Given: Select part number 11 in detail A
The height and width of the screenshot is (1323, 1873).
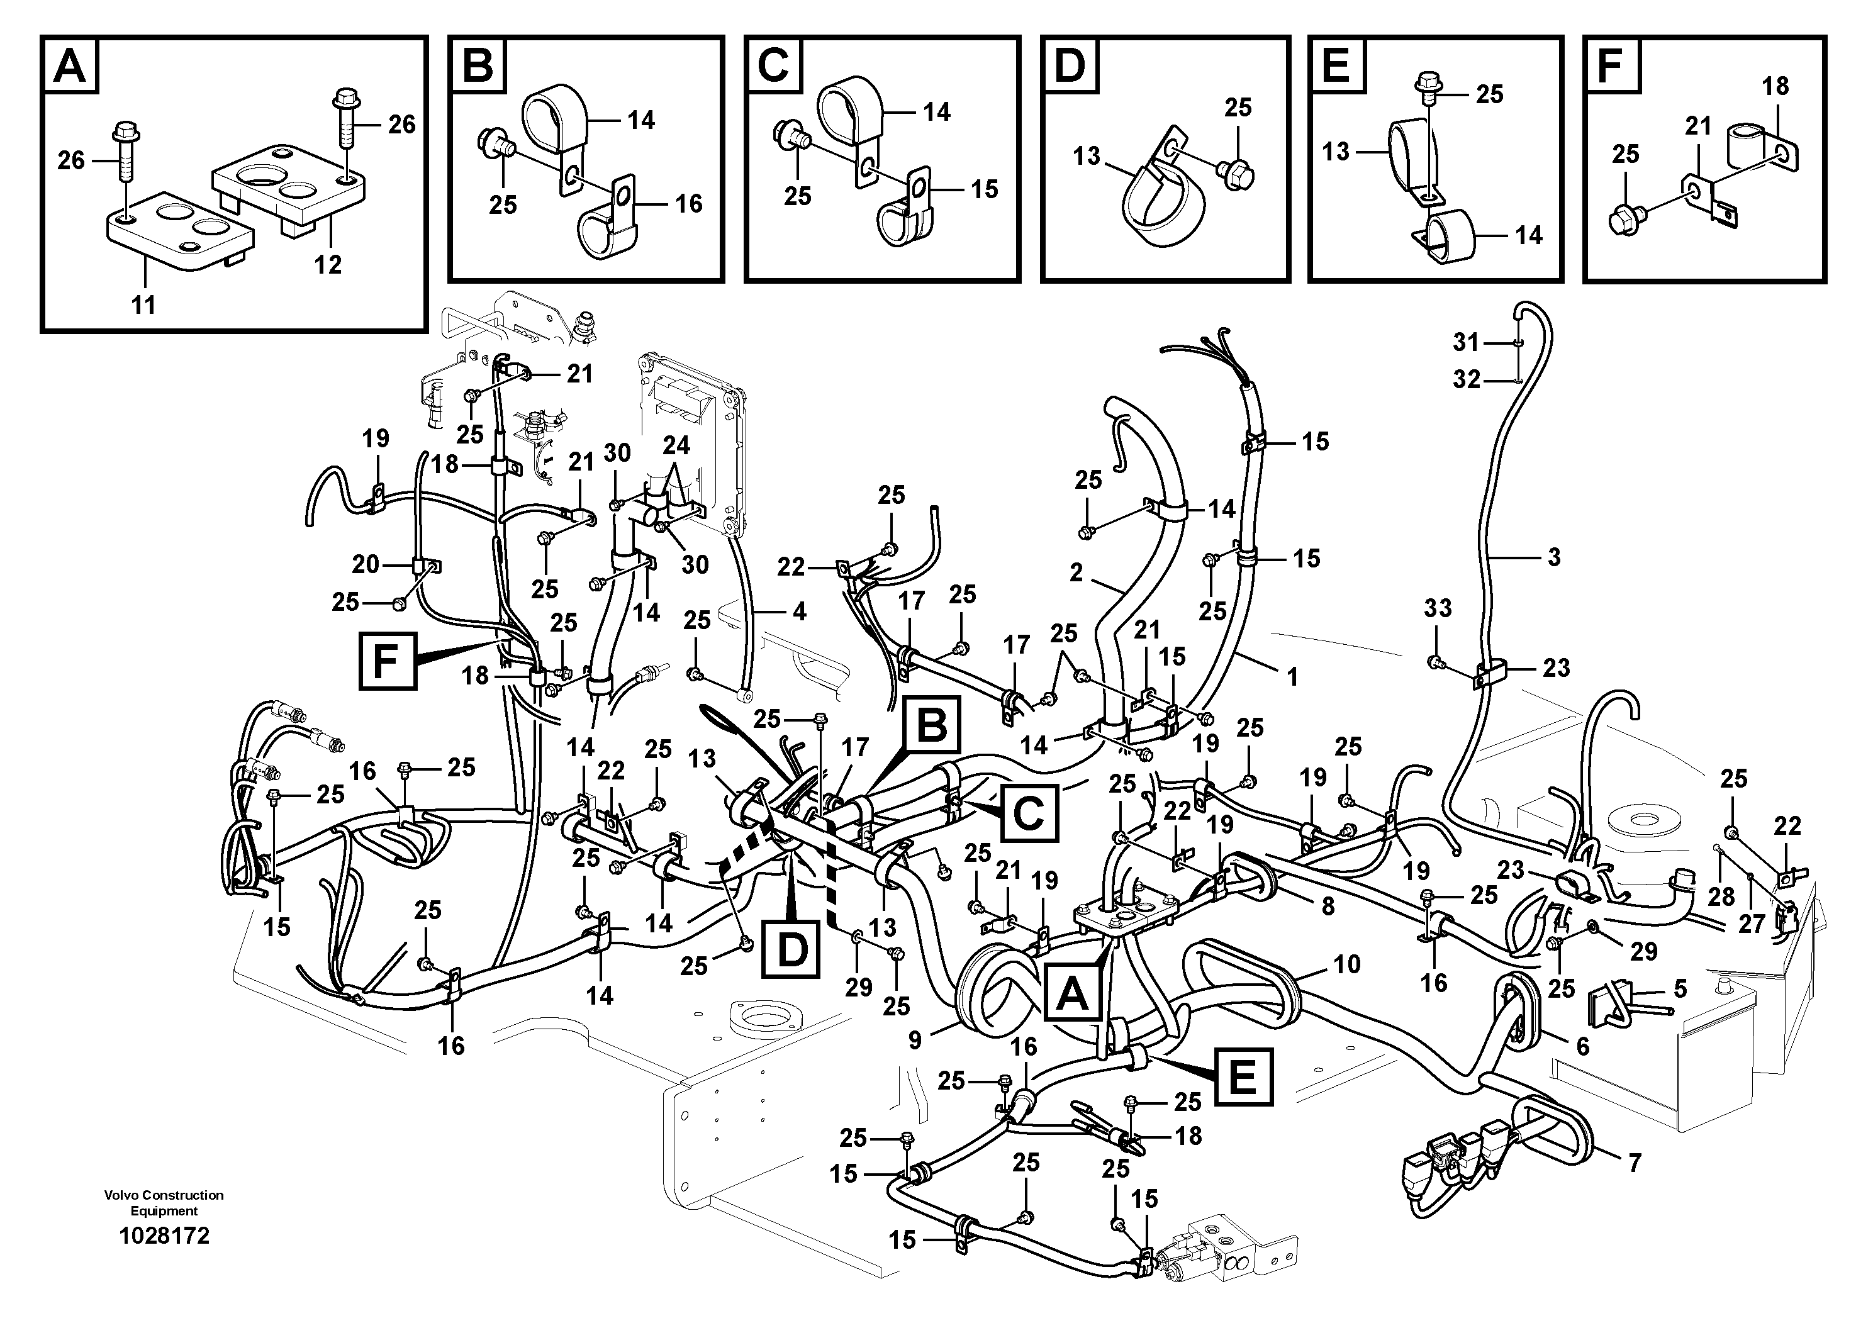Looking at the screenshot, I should pyautogui.click(x=143, y=306).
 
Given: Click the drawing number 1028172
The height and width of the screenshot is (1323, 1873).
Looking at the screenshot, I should pyautogui.click(x=164, y=1236).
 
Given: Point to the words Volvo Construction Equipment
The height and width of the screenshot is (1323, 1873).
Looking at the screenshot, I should pyautogui.click(x=164, y=1202).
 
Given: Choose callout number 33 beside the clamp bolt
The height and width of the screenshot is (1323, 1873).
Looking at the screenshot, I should pyautogui.click(x=1438, y=608).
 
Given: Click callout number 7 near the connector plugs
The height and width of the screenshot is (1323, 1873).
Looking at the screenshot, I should pyautogui.click(x=1634, y=1163).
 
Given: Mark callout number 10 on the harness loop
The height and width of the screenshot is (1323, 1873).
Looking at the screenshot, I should pyautogui.click(x=1347, y=964).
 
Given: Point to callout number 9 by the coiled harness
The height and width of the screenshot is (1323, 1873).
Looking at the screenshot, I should pyautogui.click(x=914, y=1040).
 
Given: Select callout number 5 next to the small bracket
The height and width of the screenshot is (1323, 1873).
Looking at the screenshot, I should pyautogui.click(x=1680, y=988).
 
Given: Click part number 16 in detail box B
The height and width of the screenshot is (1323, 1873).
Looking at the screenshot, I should pyautogui.click(x=688, y=203).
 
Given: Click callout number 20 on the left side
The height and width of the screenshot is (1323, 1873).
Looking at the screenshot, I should pyautogui.click(x=366, y=564).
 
